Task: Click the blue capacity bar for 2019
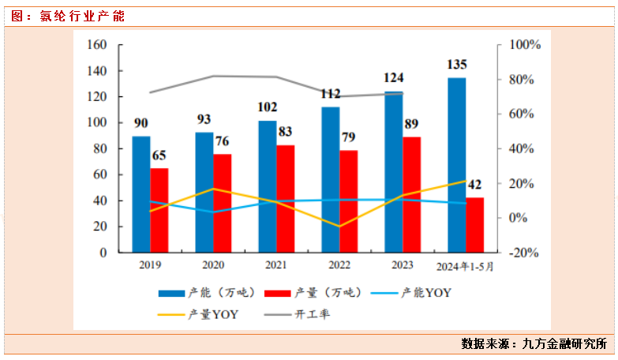point(140,194)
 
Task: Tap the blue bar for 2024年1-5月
point(456,165)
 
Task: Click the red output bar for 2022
point(349,201)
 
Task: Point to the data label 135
point(456,64)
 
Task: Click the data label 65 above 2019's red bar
point(159,155)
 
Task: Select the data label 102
point(268,107)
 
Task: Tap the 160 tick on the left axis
point(96,45)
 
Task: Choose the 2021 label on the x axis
point(276,266)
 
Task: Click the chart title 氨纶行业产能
point(82,16)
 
